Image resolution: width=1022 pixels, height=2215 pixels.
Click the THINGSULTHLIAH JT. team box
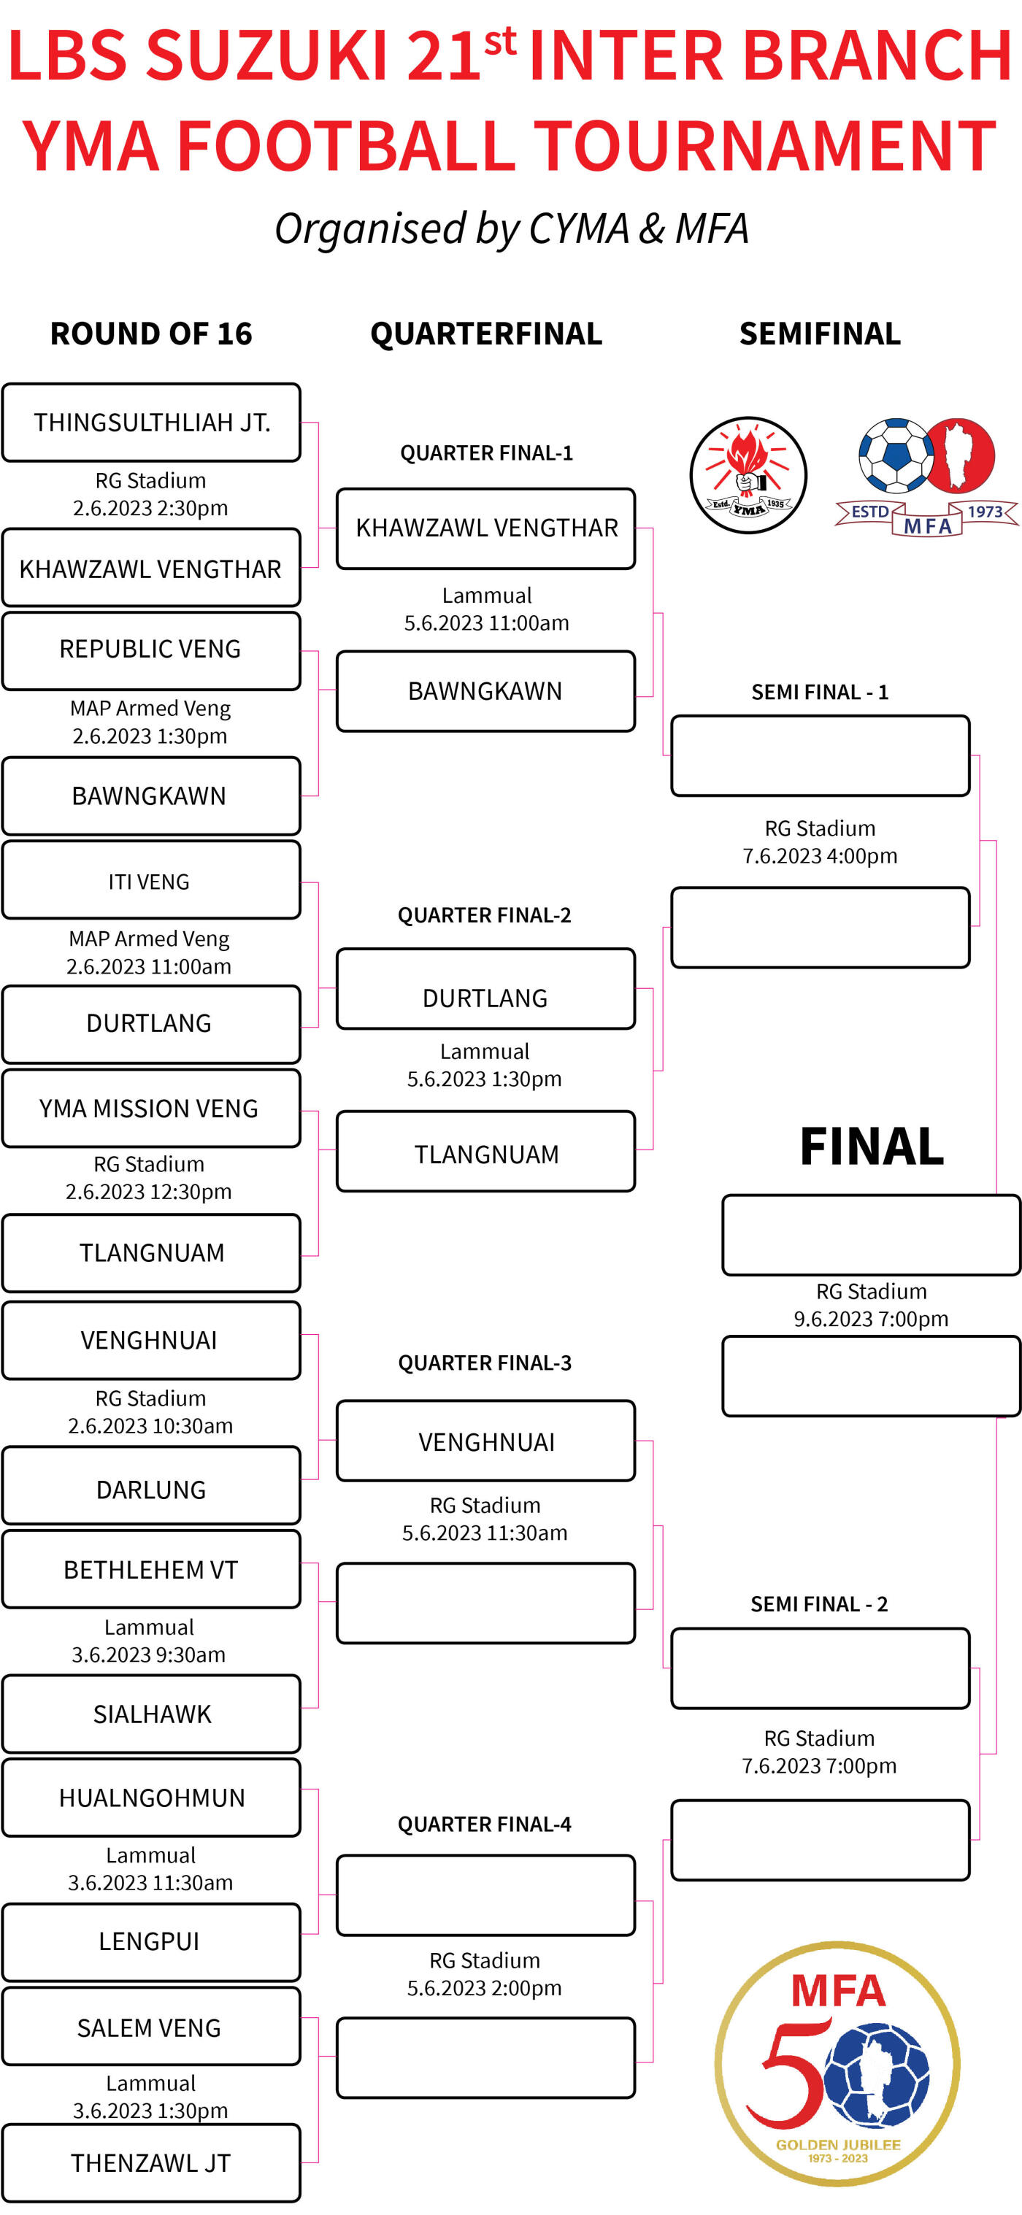click(x=151, y=422)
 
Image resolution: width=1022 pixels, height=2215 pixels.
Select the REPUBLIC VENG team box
click(x=151, y=650)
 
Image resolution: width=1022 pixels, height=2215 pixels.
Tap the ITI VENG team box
click(x=151, y=880)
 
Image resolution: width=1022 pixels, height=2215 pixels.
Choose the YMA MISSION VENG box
click(x=151, y=1108)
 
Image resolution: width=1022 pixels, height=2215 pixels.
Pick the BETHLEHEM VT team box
click(x=151, y=1569)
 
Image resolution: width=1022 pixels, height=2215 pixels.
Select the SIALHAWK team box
click(x=151, y=1714)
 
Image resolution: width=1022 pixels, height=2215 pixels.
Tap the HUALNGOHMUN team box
click(x=151, y=1797)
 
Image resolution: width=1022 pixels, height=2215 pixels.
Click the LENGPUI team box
click(x=151, y=1941)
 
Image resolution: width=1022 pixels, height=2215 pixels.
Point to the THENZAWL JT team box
click(x=151, y=2162)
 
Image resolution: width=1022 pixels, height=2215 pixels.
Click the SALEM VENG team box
click(x=151, y=2027)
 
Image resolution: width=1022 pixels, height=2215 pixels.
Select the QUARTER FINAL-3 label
click(x=485, y=1363)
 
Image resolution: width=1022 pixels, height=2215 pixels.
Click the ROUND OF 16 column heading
click(x=151, y=334)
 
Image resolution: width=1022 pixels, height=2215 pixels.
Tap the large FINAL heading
click(x=872, y=1147)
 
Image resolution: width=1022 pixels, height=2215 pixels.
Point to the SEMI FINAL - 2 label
click(x=819, y=1603)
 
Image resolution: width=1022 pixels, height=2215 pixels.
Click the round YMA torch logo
click(x=748, y=476)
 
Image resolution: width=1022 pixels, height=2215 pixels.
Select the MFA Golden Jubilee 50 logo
click(x=837, y=2064)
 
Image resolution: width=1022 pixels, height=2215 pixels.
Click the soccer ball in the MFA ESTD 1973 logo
click(x=895, y=455)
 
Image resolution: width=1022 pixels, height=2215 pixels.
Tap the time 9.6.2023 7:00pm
click(x=871, y=1318)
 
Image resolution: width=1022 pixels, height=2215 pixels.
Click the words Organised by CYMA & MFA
click(x=512, y=228)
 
